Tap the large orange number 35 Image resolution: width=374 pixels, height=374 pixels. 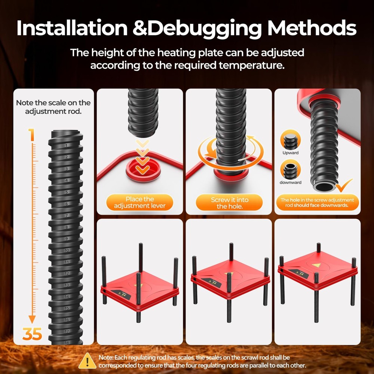point(32,334)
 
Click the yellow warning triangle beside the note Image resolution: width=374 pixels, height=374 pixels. point(87,361)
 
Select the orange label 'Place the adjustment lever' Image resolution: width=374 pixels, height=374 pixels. point(140,202)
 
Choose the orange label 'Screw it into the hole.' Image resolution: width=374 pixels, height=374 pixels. point(229,202)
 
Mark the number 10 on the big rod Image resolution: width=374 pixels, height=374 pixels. point(67,250)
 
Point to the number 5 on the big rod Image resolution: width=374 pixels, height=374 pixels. point(67,192)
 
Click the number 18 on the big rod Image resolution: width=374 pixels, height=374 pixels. point(67,343)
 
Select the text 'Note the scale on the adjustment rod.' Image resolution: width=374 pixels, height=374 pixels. point(53,107)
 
